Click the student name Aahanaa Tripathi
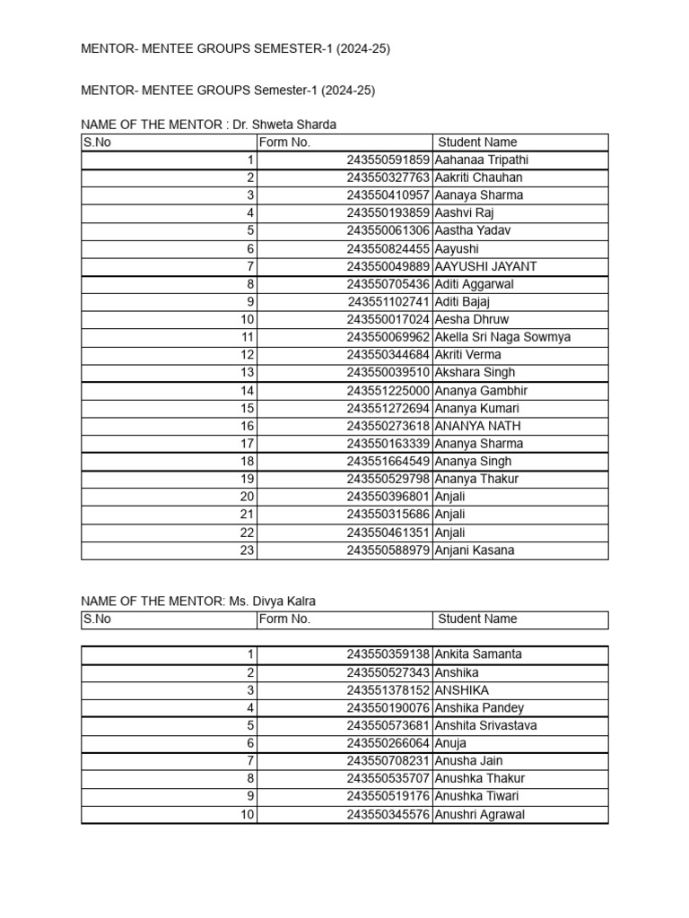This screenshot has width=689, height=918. pos(481,160)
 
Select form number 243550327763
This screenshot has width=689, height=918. pos(388,178)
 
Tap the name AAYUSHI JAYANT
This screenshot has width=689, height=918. pos(485,266)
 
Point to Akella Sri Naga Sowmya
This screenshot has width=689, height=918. pos(502,337)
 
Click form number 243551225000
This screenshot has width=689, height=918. pos(388,390)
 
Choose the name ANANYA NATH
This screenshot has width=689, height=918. pos(477,426)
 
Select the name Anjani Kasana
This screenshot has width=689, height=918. pos(475,550)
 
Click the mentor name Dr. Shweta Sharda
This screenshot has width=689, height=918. pos(284,125)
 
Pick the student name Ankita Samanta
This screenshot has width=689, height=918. pos(478,654)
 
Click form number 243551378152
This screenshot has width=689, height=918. pos(388,690)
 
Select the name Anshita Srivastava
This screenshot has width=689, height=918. pos(485,725)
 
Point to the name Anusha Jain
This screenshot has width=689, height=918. pos(468,761)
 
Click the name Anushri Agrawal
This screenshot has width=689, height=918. pos(480,815)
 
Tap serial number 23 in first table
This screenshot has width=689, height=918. pos(247,550)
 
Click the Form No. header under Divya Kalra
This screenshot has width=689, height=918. pos(284,619)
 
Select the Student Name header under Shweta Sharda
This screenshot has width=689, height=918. pos(477,143)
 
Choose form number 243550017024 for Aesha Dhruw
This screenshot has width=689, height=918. pos(388,319)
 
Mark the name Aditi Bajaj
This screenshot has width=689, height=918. pos(462,302)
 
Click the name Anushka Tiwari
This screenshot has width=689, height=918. pos(476,796)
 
